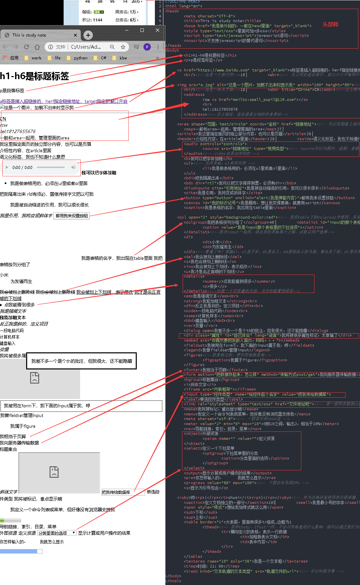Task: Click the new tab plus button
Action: click(88, 35)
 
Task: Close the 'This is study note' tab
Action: click(75, 35)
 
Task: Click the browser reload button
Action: click(26, 47)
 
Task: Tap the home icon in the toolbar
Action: click(37, 47)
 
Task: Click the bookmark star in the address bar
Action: click(123, 47)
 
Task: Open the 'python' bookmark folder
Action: click(80, 58)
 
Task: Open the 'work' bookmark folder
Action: click(36, 58)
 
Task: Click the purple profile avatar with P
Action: click(147, 47)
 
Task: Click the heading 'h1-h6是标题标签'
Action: click(35, 76)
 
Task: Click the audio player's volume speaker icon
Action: click(73, 167)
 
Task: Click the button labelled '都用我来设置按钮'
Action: click(72, 216)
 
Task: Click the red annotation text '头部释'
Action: click(330, 24)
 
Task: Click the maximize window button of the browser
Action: click(142, 30)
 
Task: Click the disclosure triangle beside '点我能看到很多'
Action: click(1, 305)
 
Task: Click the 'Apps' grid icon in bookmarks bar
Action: click(5, 58)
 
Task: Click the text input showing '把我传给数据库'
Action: click(123, 492)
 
